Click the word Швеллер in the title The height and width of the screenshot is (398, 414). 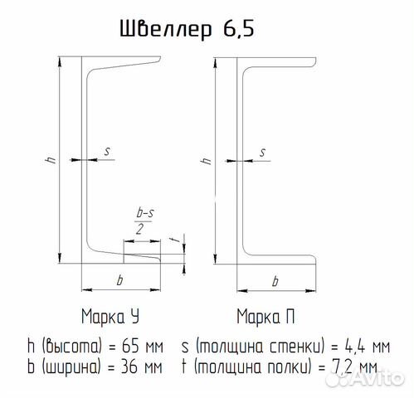166,29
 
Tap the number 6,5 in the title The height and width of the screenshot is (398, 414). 238,29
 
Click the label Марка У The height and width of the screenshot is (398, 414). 110,317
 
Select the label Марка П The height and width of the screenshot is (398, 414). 265,317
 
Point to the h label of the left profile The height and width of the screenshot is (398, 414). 51,160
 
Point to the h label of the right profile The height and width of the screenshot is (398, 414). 207,161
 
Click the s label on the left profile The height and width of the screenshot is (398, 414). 107,151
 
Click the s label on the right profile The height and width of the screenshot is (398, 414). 263,153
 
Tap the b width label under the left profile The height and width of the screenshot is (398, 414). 119,280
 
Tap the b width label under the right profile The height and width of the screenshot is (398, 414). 275,281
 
